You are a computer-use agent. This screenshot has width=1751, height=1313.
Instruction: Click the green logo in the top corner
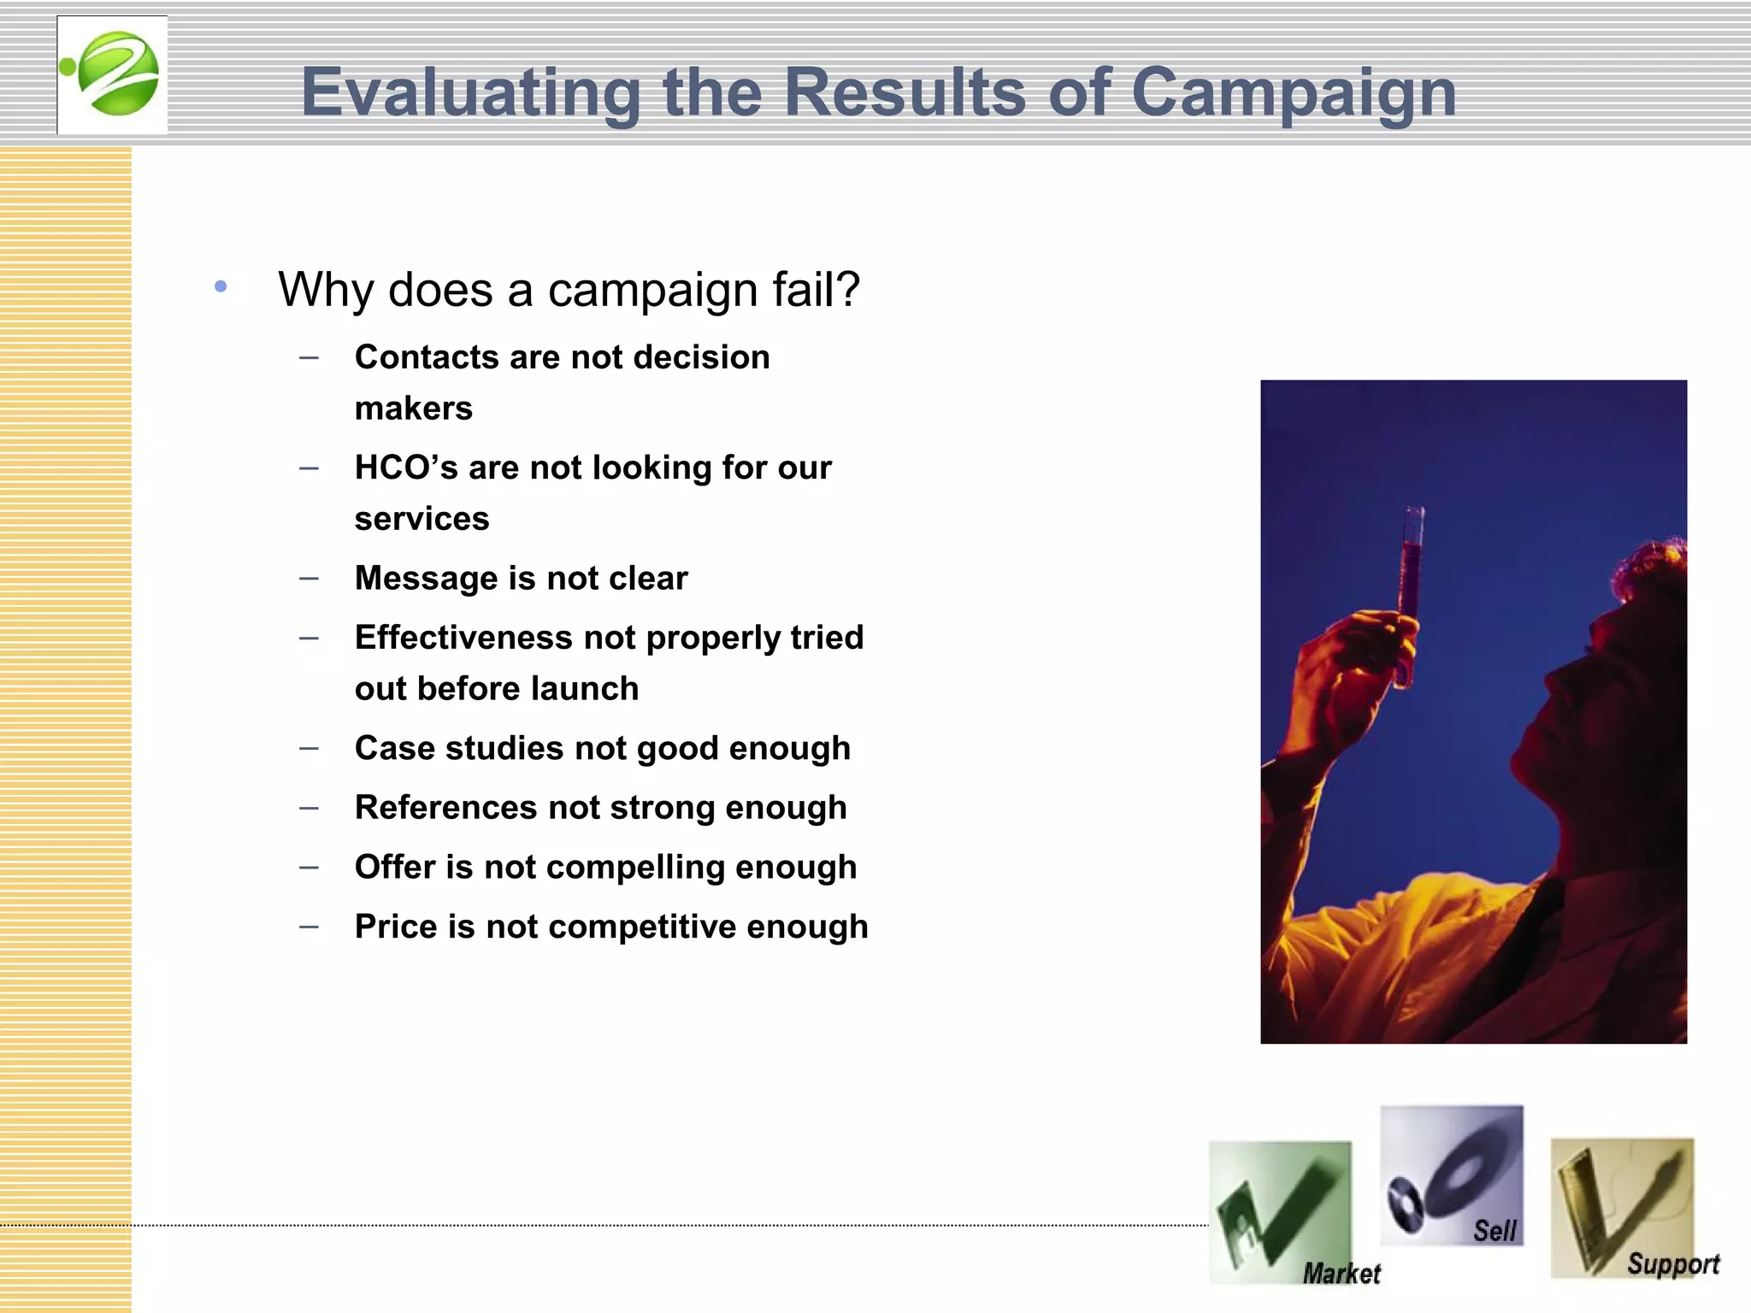(113, 74)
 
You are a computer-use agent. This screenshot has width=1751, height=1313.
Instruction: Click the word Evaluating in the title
(470, 92)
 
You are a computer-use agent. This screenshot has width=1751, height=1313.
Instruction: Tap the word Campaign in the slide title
(1293, 92)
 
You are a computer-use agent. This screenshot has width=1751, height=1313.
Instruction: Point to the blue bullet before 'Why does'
(221, 287)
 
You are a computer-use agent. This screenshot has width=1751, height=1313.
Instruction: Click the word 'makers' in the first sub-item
(414, 409)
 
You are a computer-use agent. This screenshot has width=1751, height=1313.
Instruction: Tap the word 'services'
(422, 519)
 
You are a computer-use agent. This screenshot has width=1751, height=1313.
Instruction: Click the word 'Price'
(396, 927)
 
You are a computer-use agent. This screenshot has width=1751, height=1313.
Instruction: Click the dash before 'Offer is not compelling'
(310, 867)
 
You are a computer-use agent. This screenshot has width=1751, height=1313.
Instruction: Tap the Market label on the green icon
(1341, 1274)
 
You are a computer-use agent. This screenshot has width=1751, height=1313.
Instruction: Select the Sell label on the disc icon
(1494, 1231)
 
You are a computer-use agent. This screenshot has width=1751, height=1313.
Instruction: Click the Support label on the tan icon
(1672, 1263)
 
